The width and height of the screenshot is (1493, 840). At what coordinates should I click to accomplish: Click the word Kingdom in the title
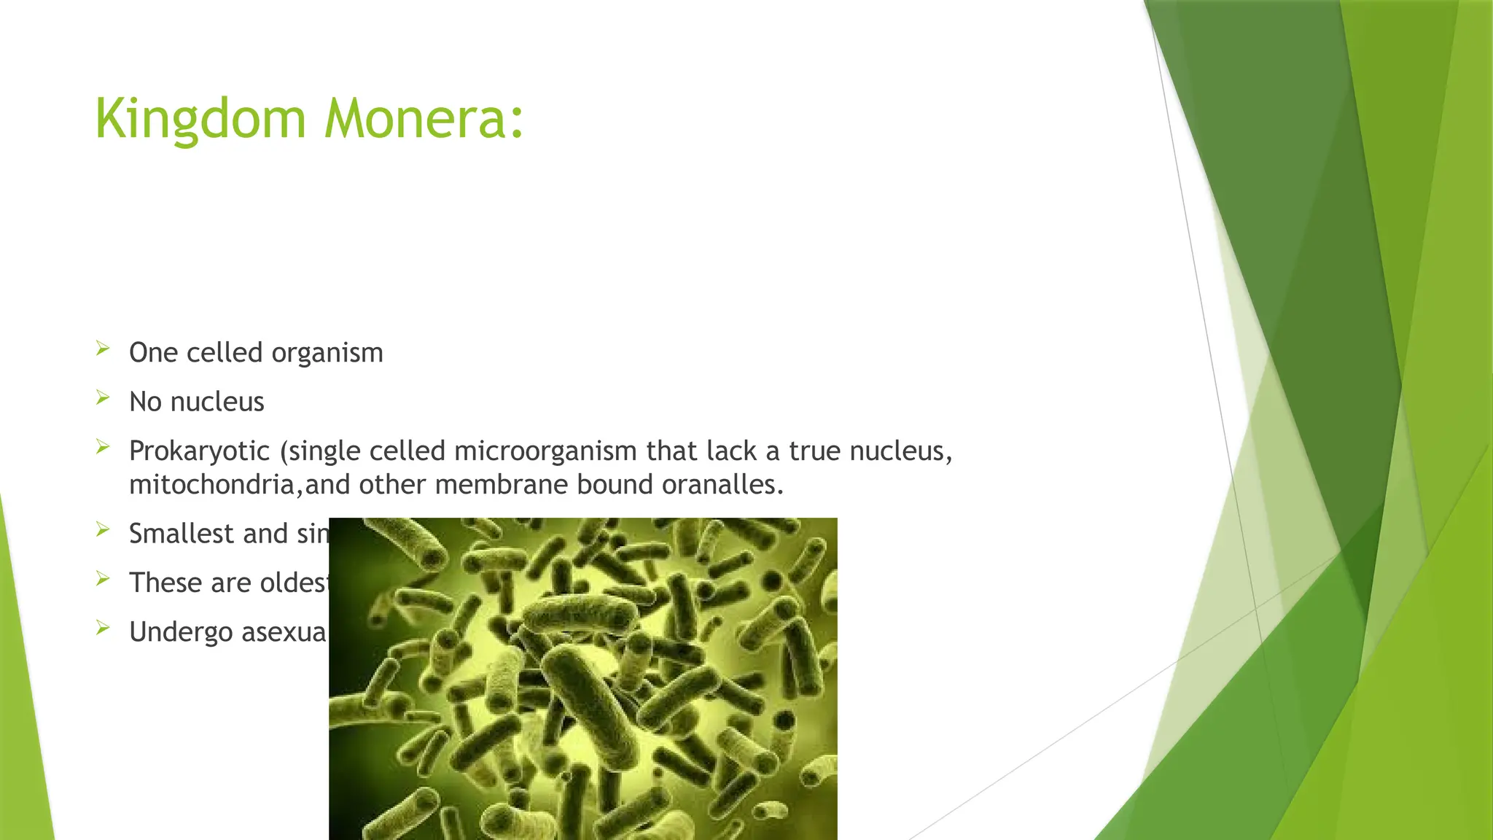pos(200,119)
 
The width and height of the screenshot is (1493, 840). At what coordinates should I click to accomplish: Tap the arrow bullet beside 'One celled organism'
pos(103,349)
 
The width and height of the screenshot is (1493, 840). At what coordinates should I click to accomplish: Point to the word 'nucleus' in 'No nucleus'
pos(217,402)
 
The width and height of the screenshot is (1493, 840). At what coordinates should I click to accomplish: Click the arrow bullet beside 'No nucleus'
pos(103,397)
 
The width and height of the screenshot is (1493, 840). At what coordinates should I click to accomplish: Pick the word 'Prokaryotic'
pos(199,451)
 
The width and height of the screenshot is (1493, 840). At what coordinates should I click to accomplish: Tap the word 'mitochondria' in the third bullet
pos(211,485)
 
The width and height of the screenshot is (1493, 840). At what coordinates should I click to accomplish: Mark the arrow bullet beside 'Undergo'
pos(103,627)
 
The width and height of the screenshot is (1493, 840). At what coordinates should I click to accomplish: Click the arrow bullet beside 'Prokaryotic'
pos(103,447)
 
